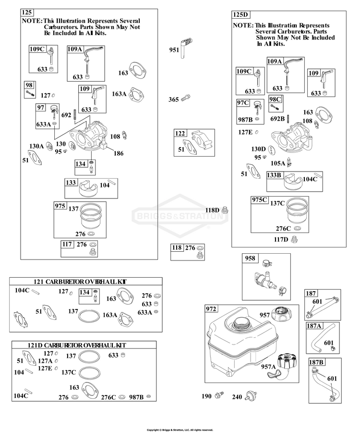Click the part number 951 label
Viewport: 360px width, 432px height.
(174, 50)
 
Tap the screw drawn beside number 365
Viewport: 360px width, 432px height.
(186, 98)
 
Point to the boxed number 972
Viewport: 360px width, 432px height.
(211, 309)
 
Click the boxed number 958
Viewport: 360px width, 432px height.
(250, 258)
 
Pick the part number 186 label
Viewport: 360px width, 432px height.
(119, 153)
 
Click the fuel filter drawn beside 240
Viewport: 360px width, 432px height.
(250, 396)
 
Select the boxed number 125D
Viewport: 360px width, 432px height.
(240, 14)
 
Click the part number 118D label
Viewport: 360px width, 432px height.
(212, 210)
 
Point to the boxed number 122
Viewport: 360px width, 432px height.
(180, 133)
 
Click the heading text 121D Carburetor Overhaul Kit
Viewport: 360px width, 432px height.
(77, 345)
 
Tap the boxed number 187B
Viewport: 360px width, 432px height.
(316, 362)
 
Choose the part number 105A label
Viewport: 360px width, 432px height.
(278, 163)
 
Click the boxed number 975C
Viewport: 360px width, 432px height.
(260, 200)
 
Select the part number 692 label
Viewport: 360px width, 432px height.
(66, 115)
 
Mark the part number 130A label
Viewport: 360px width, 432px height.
(36, 146)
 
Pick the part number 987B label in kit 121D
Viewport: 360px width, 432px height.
(136, 397)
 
